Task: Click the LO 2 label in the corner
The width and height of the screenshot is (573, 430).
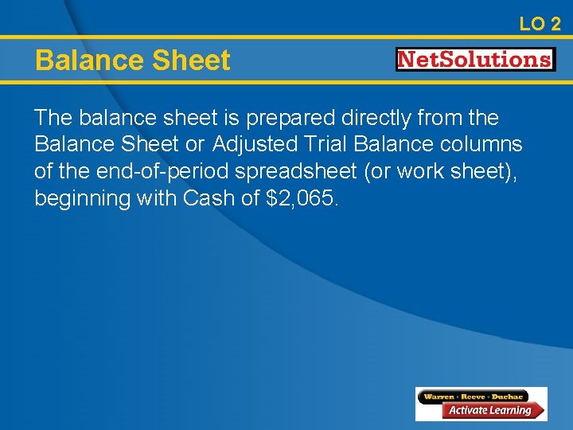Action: click(x=540, y=24)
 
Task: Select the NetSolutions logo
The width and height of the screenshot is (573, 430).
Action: click(x=475, y=60)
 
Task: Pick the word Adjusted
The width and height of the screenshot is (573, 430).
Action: click(x=252, y=145)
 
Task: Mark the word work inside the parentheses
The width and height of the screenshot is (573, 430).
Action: click(x=435, y=172)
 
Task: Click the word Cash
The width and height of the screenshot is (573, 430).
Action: click(x=209, y=199)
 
